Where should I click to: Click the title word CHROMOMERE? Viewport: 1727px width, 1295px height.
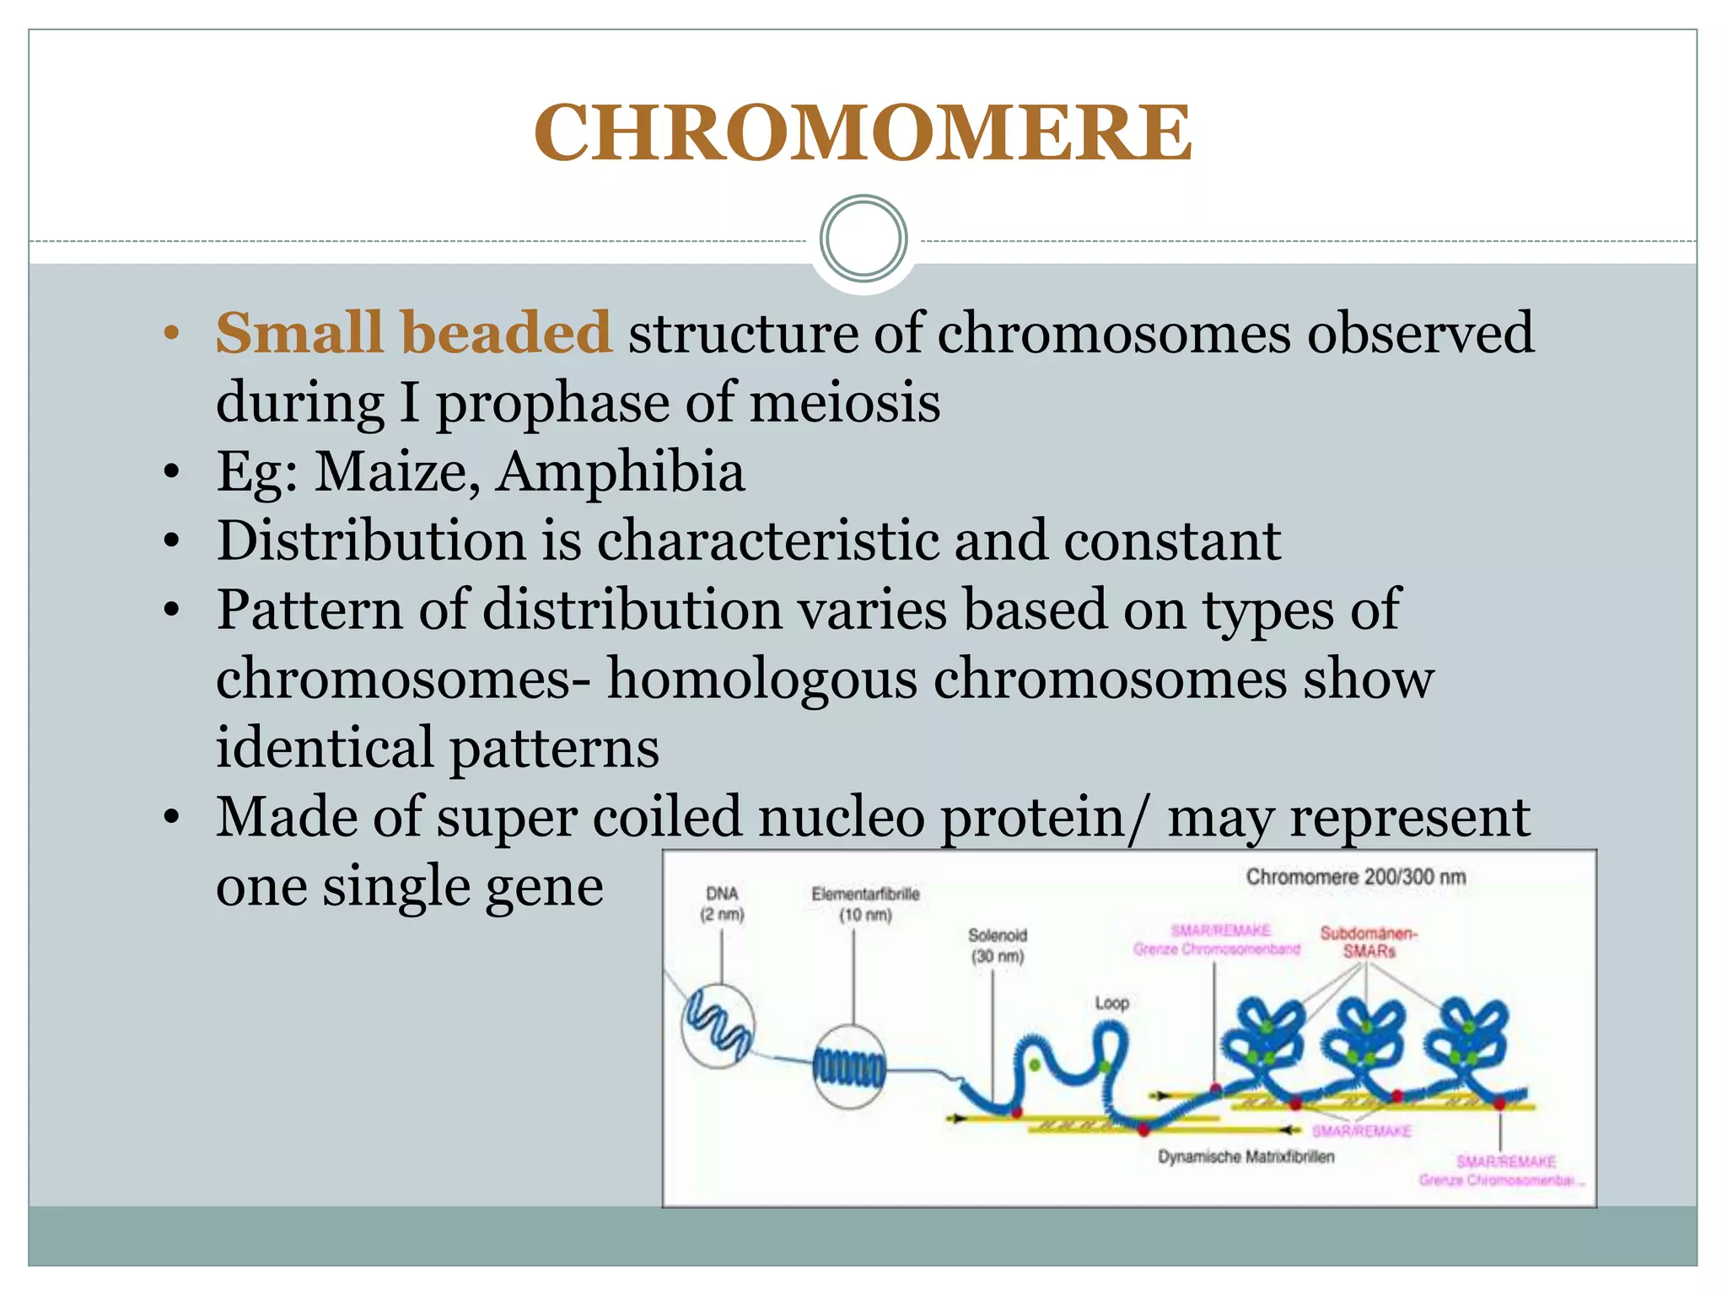(863, 132)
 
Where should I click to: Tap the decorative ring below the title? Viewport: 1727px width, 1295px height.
(863, 239)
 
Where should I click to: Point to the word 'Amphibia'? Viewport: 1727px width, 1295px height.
(620, 472)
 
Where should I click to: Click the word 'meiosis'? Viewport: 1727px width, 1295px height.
(844, 402)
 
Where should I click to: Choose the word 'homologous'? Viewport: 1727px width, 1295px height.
(761, 679)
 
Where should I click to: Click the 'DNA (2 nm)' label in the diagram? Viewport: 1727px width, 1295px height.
(722, 904)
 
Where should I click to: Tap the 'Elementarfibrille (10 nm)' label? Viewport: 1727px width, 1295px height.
(865, 904)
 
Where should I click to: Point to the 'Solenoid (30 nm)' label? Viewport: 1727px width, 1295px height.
(997, 945)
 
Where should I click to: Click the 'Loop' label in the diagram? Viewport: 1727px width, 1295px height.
(1111, 1003)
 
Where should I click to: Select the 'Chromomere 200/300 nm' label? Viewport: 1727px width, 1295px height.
(1355, 877)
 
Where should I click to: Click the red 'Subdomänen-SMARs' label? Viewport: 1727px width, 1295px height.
(1369, 942)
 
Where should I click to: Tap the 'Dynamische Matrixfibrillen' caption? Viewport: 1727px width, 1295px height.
(1245, 1157)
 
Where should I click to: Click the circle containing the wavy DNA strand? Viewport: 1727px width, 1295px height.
(718, 1026)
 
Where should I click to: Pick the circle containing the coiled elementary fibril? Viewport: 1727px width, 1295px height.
(849, 1067)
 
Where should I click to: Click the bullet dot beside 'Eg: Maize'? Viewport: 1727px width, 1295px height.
(172, 472)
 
